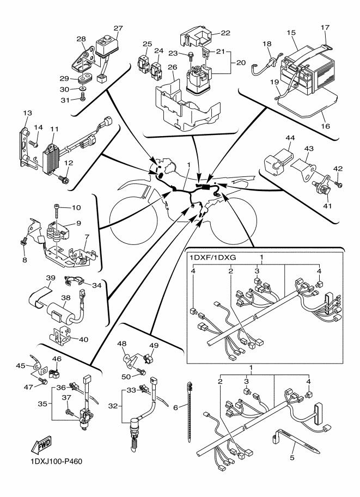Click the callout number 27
(x=119, y=29)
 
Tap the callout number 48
(x=121, y=343)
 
